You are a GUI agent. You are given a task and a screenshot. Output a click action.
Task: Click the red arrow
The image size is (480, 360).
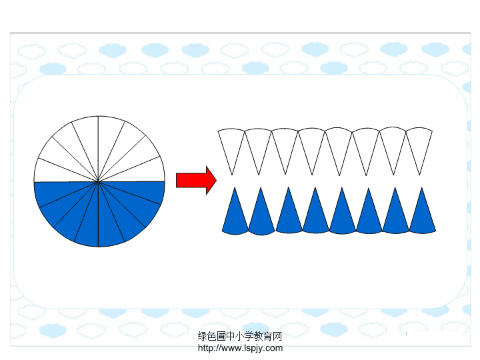196,180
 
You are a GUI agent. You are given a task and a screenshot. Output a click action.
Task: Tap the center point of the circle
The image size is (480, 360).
98,181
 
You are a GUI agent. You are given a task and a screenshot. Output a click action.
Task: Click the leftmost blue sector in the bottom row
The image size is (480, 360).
235,216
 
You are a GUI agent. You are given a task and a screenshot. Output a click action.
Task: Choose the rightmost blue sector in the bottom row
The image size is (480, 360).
422,215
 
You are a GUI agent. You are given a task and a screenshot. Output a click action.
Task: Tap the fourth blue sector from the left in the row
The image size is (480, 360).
315,215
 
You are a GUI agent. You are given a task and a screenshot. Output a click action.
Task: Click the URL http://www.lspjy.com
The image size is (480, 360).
240,348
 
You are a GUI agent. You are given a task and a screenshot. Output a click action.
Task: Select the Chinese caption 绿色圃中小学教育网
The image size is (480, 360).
240,336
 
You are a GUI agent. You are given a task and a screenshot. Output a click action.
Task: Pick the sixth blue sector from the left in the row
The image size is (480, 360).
369,215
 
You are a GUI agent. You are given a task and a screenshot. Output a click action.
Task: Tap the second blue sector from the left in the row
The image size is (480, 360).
261,216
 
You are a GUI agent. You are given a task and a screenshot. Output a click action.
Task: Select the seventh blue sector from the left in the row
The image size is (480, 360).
395,215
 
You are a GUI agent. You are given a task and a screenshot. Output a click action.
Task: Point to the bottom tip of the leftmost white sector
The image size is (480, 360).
232,175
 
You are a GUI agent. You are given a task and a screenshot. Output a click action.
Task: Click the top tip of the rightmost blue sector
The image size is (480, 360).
422,187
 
